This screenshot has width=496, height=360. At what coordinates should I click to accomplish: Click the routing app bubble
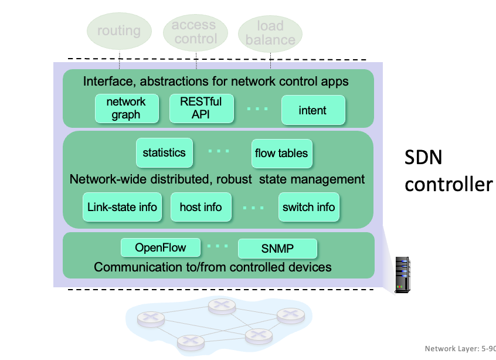pos(119,31)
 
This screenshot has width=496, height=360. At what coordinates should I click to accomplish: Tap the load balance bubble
pos(270,33)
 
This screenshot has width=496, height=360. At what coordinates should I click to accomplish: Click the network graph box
pos(126,108)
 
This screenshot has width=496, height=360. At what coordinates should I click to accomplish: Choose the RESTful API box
pos(201,108)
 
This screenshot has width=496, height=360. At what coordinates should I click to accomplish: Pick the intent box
pos(312,110)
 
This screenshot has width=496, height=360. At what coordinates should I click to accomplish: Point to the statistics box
pos(164,153)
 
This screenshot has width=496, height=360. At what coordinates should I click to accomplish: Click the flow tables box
pos(281,154)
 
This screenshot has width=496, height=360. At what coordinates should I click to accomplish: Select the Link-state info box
pos(122,207)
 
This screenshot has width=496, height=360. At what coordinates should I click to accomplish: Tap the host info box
pos(201,207)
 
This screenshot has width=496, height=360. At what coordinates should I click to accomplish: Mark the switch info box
pos(309,207)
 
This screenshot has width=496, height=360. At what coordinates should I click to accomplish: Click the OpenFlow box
pos(161,247)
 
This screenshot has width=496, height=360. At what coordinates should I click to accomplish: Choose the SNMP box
pos(277,249)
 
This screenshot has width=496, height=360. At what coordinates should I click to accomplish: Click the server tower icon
pos(402,273)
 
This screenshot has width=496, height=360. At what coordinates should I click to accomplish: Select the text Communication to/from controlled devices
pos(213,267)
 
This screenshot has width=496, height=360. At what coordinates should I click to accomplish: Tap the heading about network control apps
pos(216,81)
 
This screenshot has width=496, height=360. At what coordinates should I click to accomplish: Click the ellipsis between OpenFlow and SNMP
pos(218,246)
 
